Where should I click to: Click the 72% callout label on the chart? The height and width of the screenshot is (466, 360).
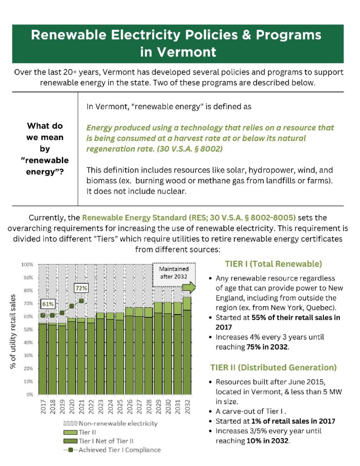pos(81,289)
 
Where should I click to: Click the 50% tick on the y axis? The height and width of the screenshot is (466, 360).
pos(28,329)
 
